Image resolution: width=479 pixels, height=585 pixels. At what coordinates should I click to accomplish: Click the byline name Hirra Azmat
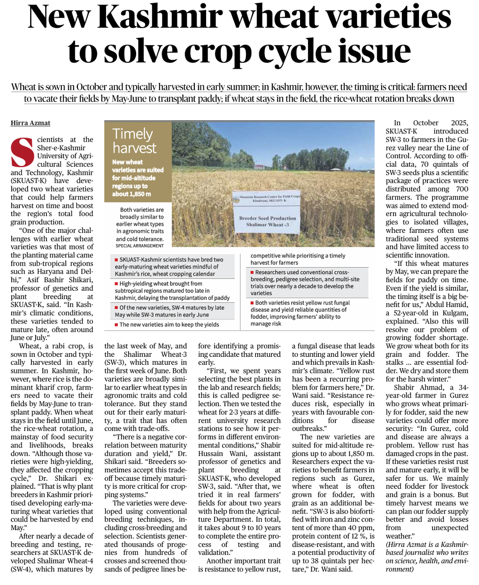[x=31, y=123]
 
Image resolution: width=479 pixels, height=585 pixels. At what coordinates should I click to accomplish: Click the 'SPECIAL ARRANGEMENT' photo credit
[x=139, y=246]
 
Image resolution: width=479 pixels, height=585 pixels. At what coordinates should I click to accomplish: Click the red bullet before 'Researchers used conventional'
[x=252, y=272]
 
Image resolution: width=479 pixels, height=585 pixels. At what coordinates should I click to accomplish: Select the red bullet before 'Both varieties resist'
[x=252, y=303]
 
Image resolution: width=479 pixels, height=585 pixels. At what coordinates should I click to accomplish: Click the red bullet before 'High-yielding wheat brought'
[x=116, y=284]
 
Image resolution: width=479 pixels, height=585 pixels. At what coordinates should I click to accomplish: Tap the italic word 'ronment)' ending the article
[x=399, y=569]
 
